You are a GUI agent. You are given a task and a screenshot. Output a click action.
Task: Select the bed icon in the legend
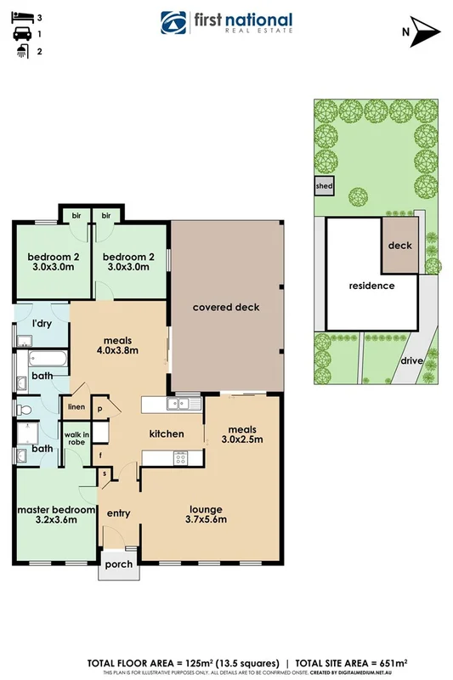(x=19, y=16)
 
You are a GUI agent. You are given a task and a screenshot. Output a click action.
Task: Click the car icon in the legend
(x=19, y=34)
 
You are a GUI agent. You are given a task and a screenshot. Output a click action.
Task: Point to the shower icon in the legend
(x=19, y=51)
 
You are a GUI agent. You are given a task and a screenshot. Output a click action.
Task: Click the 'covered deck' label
(x=225, y=307)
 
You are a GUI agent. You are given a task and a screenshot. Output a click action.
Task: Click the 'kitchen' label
(x=167, y=433)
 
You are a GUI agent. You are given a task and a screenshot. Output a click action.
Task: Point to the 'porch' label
(x=116, y=564)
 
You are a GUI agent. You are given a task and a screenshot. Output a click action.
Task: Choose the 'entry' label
(x=117, y=513)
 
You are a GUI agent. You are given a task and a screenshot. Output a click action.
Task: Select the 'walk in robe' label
(x=77, y=439)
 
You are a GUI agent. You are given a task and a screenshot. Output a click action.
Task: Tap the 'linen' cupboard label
(x=76, y=407)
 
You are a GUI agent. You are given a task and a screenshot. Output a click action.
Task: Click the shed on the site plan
(x=324, y=186)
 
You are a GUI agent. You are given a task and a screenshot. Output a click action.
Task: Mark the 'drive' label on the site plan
(x=411, y=360)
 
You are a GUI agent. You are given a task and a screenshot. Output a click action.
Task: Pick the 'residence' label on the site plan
(x=371, y=286)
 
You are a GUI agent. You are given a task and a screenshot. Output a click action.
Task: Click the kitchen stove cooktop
(x=180, y=458)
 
